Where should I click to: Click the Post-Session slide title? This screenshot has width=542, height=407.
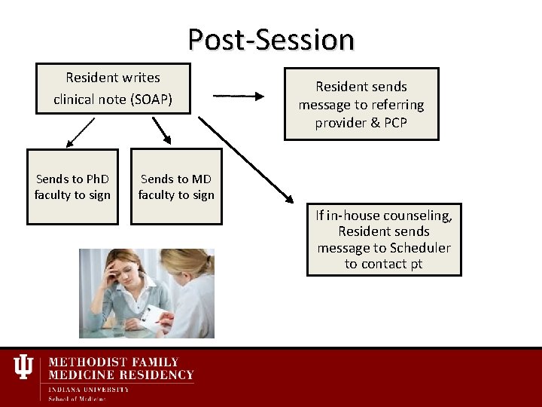[x=271, y=39]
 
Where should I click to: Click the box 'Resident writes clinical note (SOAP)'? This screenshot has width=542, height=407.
[x=113, y=88]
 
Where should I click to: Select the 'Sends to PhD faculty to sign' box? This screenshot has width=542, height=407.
[x=72, y=187]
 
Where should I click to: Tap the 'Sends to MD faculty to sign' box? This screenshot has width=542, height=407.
[x=176, y=187]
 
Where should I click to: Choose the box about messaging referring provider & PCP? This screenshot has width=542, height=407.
[x=361, y=105]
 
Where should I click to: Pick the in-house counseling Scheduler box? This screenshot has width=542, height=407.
[x=384, y=240]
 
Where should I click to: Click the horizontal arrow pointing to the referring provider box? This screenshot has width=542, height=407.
[x=239, y=96]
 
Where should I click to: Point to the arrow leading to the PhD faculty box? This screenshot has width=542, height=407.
[x=80, y=132]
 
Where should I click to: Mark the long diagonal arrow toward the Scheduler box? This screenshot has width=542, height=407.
[x=245, y=159]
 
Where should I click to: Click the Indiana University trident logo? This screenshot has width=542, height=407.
[x=23, y=367]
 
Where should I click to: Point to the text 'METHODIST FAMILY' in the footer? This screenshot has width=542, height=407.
[x=114, y=363]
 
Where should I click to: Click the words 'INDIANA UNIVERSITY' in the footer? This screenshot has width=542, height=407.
[x=88, y=390]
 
